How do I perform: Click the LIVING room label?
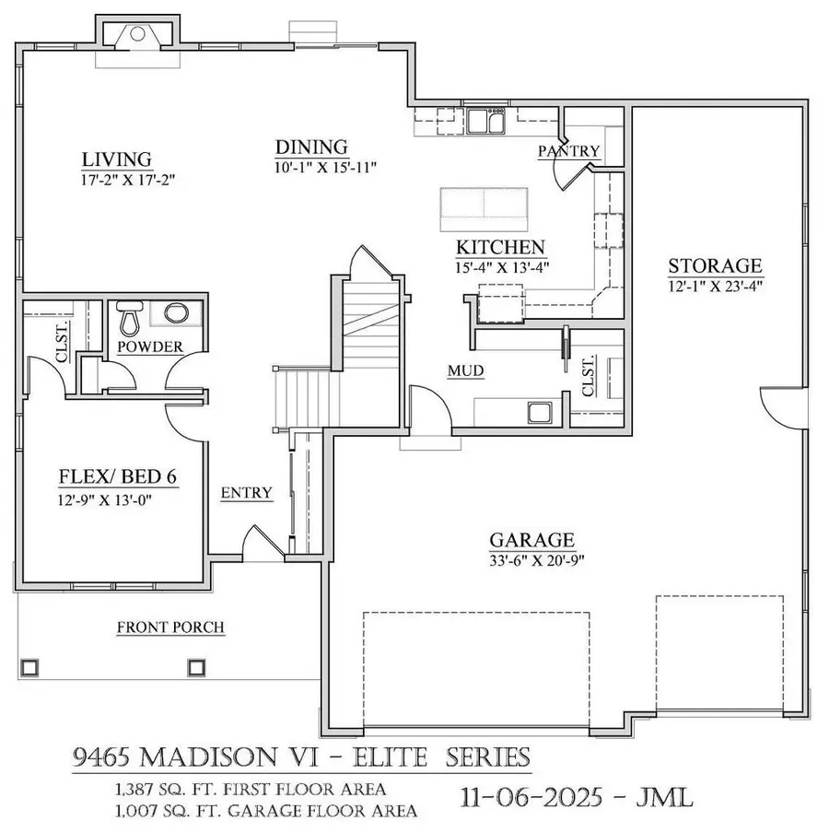(x=115, y=159)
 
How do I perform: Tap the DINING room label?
(x=311, y=147)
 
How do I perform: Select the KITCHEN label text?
(x=501, y=248)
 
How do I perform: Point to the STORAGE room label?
(x=715, y=266)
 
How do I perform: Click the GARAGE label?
(x=531, y=540)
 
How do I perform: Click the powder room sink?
(x=175, y=313)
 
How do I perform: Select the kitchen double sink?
(x=485, y=120)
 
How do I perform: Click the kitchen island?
(x=484, y=208)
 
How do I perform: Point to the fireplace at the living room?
(x=137, y=35)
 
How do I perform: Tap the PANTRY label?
(x=568, y=151)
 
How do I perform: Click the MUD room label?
(x=465, y=370)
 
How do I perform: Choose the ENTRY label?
(x=247, y=493)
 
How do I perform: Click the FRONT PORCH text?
(x=170, y=628)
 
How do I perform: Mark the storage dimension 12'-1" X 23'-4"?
(x=715, y=286)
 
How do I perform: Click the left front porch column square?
(x=29, y=664)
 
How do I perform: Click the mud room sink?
(x=537, y=411)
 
